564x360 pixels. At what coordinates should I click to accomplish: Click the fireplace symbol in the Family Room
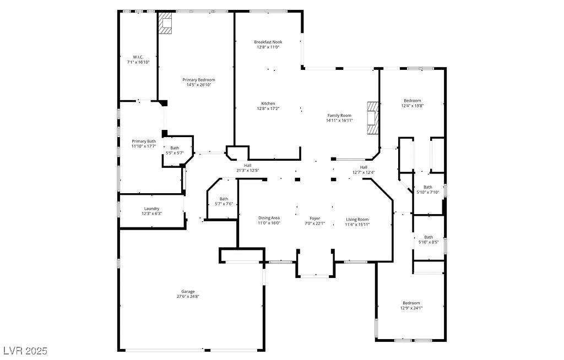[373, 118]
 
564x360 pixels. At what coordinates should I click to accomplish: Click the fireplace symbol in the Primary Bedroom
[165, 24]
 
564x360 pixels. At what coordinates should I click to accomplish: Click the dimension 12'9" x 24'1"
[411, 308]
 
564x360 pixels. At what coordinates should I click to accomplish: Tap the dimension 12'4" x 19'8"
[412, 106]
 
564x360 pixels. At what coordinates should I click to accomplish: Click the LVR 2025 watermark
[25, 351]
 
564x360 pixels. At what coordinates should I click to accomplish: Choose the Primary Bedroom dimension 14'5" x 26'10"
[198, 85]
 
